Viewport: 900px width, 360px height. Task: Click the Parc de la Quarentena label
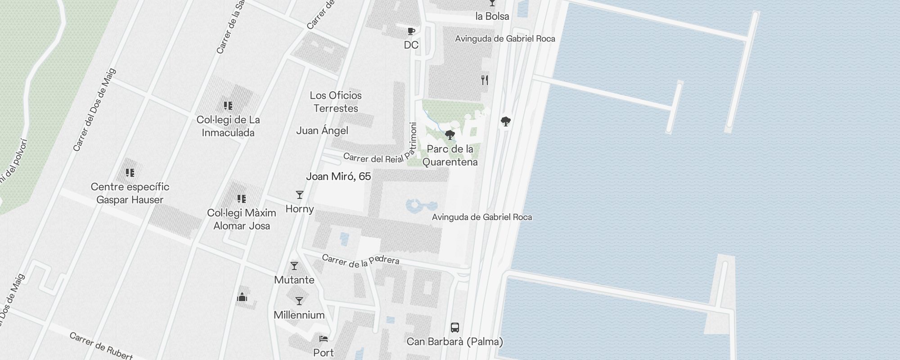pyautogui.click(x=450, y=155)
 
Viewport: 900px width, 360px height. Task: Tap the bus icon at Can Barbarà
pyautogui.click(x=455, y=327)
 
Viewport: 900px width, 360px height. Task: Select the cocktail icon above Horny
pyautogui.click(x=300, y=195)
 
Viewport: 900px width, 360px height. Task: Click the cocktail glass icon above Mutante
pyautogui.click(x=294, y=266)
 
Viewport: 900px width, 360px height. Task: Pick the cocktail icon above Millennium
pyautogui.click(x=299, y=301)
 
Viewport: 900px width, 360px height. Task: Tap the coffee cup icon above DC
pyautogui.click(x=411, y=31)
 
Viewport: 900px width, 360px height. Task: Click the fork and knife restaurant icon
pyautogui.click(x=485, y=80)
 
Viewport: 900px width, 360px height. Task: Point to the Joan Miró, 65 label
pyautogui.click(x=338, y=176)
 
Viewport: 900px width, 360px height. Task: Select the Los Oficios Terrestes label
pyautogui.click(x=336, y=102)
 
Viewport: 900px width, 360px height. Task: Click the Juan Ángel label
pyautogui.click(x=322, y=130)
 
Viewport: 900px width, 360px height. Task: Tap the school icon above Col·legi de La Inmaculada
pyautogui.click(x=228, y=106)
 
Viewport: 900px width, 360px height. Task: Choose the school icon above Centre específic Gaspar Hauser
pyautogui.click(x=130, y=173)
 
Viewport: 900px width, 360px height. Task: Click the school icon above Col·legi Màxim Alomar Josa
pyautogui.click(x=242, y=199)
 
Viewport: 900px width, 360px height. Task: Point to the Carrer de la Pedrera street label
pyautogui.click(x=360, y=261)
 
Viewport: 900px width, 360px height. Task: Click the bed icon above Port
pyautogui.click(x=324, y=339)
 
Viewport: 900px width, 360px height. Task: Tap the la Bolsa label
pyautogui.click(x=492, y=16)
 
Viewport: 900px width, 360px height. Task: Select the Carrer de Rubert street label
pyautogui.click(x=101, y=346)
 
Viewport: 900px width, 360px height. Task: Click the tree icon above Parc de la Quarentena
pyautogui.click(x=450, y=135)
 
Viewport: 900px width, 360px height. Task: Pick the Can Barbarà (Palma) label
pyautogui.click(x=455, y=342)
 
